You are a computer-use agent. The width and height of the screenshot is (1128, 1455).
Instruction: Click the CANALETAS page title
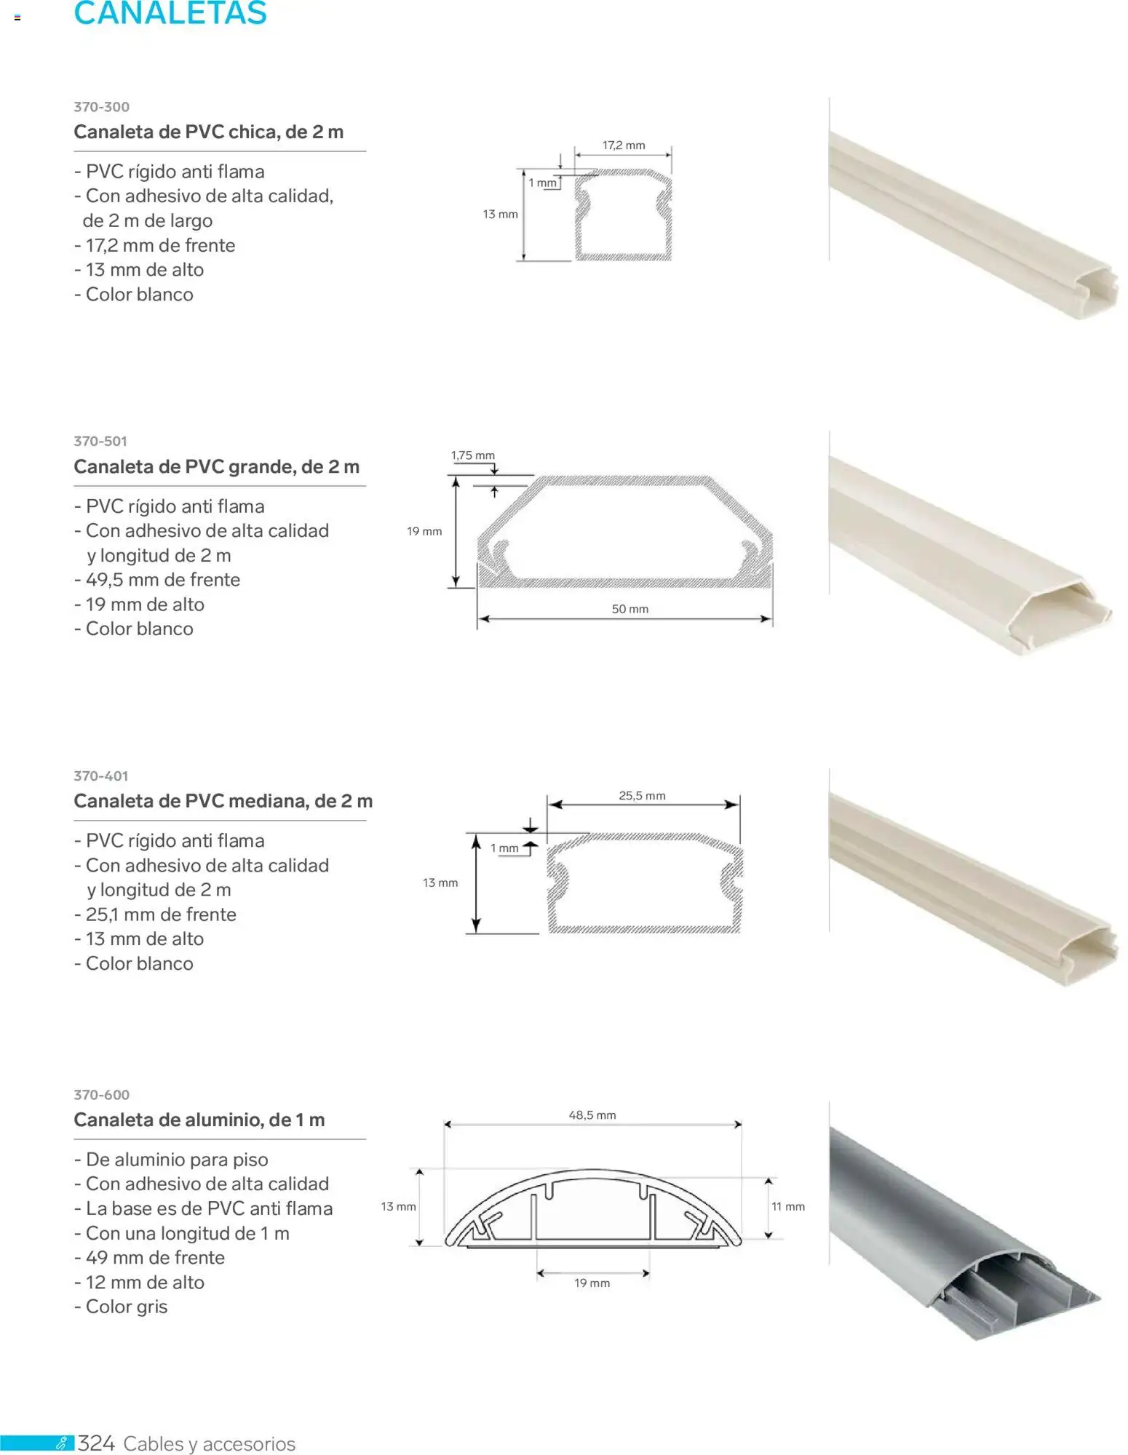(170, 13)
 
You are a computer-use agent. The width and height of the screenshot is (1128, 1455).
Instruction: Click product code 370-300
(101, 107)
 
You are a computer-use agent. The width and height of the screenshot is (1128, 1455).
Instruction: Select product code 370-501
(100, 441)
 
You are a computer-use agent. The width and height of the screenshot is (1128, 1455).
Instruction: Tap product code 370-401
(100, 776)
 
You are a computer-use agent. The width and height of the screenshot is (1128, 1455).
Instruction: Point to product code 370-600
(101, 1095)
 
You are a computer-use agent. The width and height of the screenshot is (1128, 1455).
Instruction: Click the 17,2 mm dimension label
(624, 145)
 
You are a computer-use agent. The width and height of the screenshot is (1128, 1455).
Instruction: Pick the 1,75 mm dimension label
(472, 455)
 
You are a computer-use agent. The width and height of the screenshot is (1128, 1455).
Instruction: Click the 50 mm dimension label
(629, 609)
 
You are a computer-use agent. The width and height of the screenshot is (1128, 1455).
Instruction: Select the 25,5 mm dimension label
(642, 796)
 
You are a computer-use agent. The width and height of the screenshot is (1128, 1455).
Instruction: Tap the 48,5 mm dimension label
(592, 1115)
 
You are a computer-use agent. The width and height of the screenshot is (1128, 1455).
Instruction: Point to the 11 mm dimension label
(788, 1207)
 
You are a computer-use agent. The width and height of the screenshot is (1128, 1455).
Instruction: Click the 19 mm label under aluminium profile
(592, 1283)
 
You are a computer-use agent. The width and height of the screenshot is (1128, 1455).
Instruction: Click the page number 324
(96, 1443)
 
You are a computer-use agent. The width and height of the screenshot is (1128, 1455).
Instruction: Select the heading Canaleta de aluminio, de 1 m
(199, 1120)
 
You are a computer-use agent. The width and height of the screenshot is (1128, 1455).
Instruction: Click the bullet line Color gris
(121, 1307)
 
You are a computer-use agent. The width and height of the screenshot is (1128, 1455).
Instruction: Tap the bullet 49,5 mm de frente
(157, 580)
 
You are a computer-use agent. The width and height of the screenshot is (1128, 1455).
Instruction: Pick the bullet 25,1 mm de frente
(155, 914)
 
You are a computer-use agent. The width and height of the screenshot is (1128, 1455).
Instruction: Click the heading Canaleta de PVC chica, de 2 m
(208, 132)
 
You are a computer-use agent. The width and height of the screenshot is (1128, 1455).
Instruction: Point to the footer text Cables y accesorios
(210, 1444)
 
